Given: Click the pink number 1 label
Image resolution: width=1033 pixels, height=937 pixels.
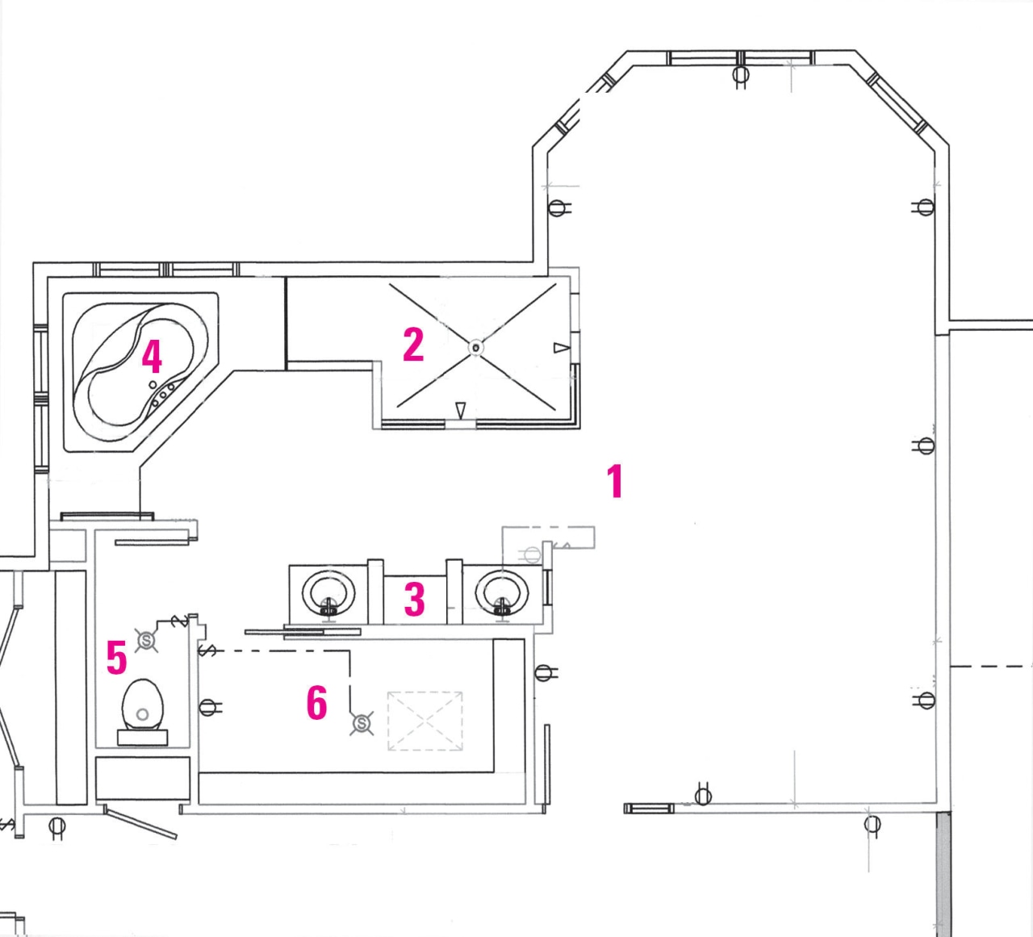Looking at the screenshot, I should [x=616, y=481].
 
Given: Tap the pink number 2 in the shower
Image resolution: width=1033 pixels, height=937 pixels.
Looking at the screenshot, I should [x=413, y=345].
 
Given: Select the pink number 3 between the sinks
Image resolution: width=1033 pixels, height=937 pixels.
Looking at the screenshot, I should [x=414, y=600].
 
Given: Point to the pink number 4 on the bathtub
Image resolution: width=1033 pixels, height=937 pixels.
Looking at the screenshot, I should [x=152, y=356].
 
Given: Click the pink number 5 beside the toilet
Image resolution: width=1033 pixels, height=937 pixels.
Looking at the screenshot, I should [x=117, y=658].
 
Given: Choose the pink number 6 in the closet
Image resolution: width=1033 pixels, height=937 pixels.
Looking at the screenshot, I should [x=316, y=702].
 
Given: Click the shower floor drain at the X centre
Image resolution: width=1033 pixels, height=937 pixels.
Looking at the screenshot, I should [x=475, y=348].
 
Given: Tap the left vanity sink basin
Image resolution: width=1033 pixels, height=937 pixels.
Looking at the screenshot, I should [x=328, y=593].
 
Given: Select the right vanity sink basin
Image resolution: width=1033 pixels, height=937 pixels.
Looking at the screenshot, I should [x=502, y=593].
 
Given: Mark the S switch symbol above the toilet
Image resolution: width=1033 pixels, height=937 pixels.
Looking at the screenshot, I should [x=147, y=640].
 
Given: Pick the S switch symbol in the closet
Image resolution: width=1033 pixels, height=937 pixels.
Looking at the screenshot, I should [x=362, y=724].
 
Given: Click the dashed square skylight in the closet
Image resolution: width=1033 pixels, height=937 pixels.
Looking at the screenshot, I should [x=425, y=721].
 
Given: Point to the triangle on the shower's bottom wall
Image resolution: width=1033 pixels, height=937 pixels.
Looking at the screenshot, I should [x=460, y=410].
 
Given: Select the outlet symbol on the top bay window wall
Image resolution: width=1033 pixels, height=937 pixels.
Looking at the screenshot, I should [x=740, y=76].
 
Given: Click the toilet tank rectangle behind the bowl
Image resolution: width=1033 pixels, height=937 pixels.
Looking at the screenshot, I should [x=143, y=737].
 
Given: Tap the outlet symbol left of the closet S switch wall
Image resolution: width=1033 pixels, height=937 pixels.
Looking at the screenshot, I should [x=208, y=707].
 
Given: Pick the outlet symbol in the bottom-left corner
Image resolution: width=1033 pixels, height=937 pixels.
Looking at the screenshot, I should [x=56, y=826].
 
